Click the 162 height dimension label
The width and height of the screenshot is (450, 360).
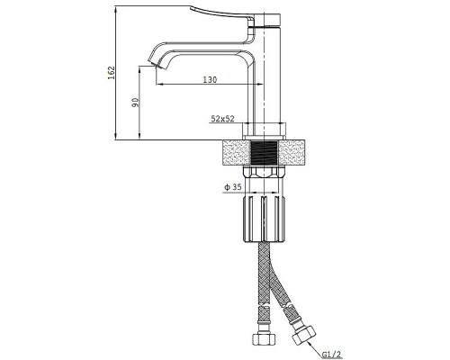tap(112, 73)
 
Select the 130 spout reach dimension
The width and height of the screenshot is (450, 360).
tap(210, 80)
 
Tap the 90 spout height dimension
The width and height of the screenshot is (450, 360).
tap(136, 103)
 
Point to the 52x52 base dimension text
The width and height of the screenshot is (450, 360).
tap(222, 119)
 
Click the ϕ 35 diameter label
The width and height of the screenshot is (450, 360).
tap(233, 187)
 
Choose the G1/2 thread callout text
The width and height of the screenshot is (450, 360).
tap(332, 355)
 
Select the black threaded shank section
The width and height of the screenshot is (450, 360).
tap(264, 153)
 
